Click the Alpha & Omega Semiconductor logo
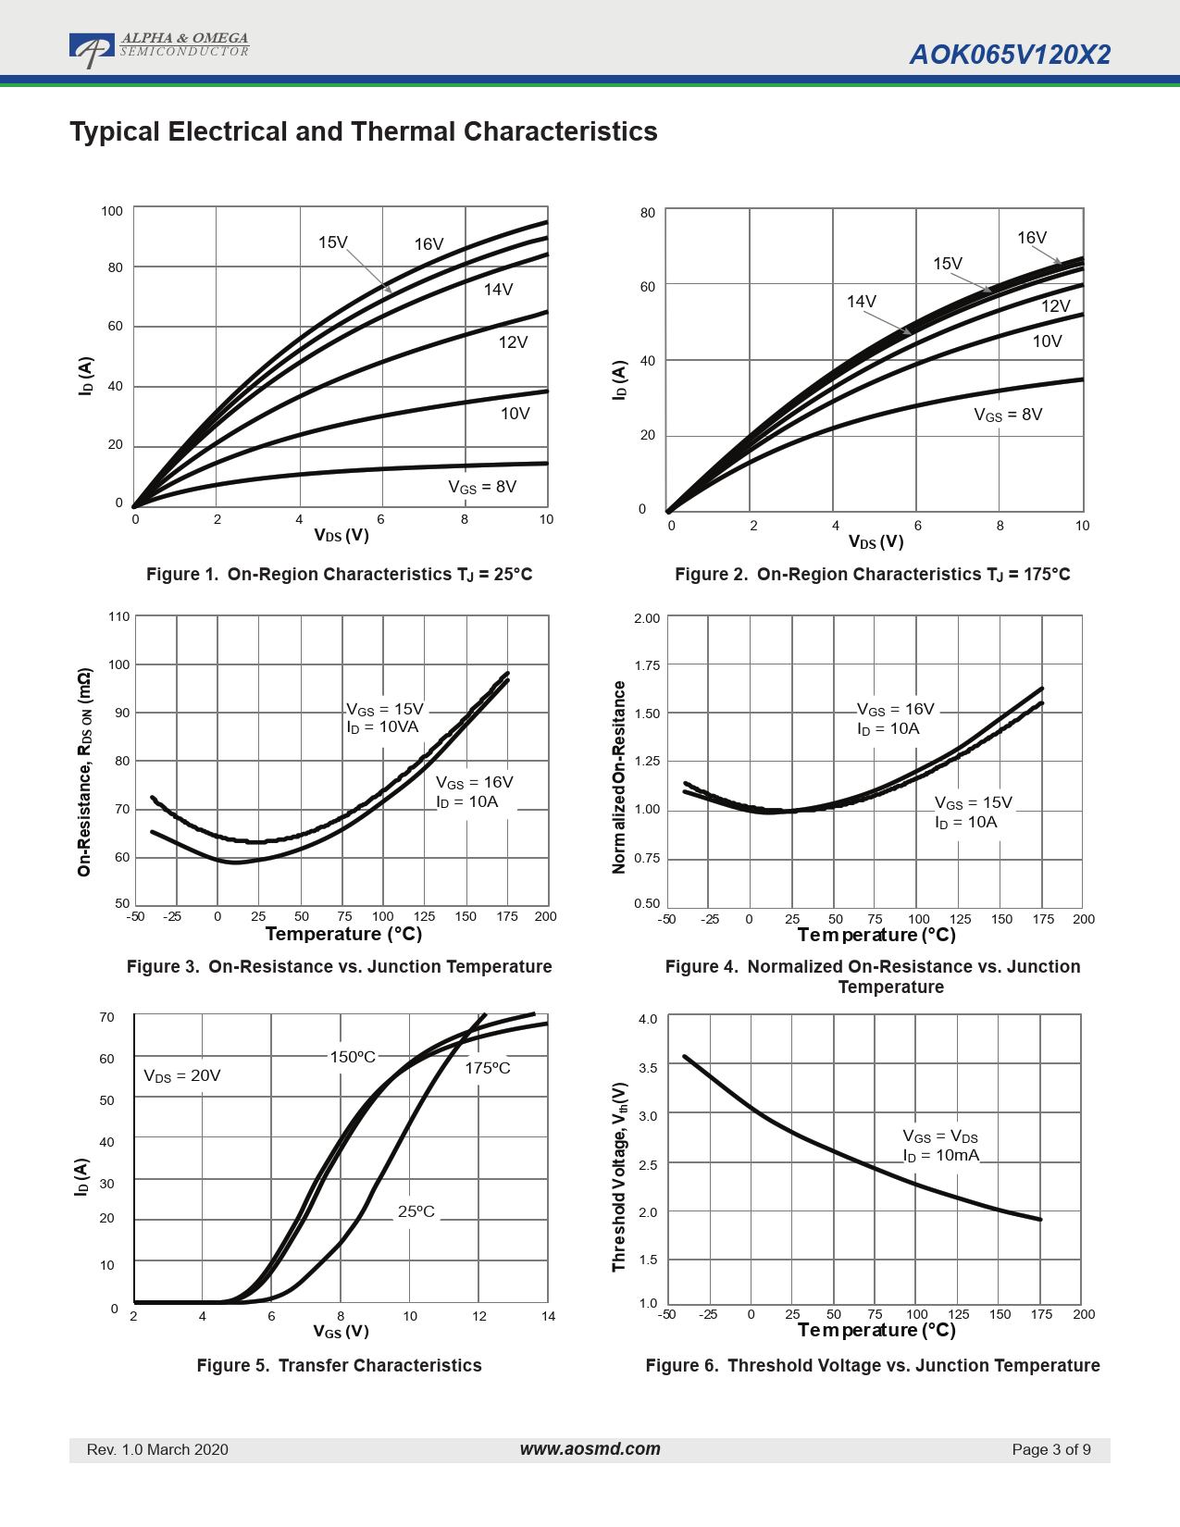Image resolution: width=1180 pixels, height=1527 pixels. tap(158, 49)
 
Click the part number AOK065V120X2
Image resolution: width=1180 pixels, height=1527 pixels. tap(1010, 55)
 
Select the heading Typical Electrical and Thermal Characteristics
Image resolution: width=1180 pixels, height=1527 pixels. tap(363, 131)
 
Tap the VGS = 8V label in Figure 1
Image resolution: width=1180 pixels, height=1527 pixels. tap(482, 488)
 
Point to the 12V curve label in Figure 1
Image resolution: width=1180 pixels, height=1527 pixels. tap(513, 342)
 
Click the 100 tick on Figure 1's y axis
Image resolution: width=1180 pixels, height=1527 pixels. tap(112, 211)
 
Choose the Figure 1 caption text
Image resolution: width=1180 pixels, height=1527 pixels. tap(339, 575)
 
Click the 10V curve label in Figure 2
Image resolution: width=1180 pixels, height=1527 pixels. tap(1047, 341)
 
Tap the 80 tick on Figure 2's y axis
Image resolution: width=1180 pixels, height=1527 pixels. tap(648, 213)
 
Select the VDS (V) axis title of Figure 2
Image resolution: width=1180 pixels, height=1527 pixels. tap(876, 542)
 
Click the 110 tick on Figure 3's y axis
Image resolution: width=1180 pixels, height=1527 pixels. tap(119, 616)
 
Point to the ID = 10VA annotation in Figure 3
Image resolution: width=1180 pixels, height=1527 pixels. tap(382, 727)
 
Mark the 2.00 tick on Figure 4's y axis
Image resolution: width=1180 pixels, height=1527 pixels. tap(647, 618)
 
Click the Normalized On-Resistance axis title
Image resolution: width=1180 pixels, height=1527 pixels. tap(619, 777)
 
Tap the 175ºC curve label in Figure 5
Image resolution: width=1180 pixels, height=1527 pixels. tap(487, 1068)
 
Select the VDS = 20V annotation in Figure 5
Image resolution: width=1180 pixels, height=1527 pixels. tap(182, 1075)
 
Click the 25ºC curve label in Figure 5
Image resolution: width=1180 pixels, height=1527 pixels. tap(416, 1211)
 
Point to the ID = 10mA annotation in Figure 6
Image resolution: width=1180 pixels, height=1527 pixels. tap(940, 1156)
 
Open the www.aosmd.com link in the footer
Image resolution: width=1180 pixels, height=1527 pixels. tap(590, 1449)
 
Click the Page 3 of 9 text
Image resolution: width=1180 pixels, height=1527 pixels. tap(1050, 1449)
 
